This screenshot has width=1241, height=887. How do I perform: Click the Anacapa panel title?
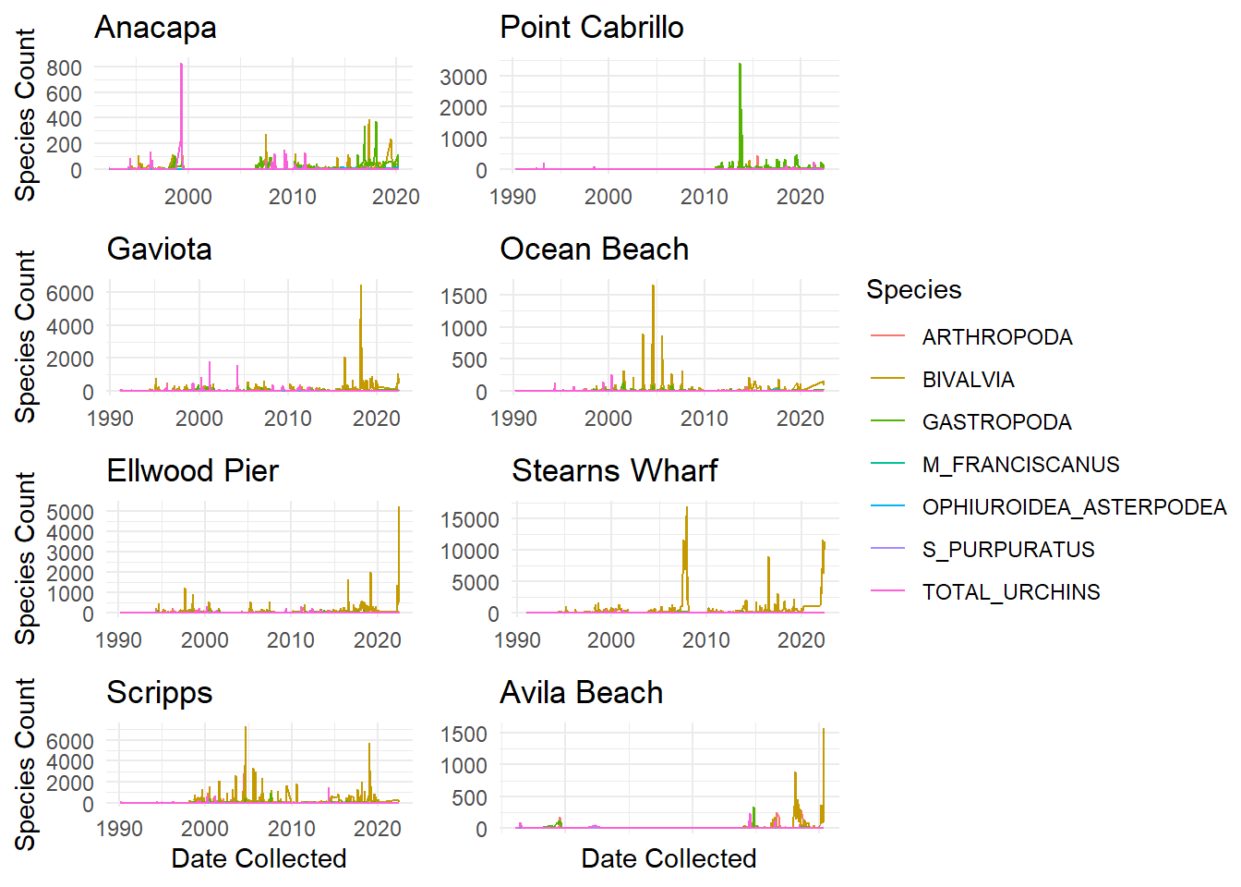(155, 28)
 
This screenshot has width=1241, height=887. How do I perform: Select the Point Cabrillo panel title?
(591, 28)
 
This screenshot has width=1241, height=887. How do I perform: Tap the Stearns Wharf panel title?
(614, 471)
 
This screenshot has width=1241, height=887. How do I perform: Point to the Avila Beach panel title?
(581, 693)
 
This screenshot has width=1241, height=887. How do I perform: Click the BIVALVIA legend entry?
(968, 380)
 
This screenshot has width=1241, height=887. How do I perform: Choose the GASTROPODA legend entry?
(996, 422)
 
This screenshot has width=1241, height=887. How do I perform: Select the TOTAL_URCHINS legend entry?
(1010, 592)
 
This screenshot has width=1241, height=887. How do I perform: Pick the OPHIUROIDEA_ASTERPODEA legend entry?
(1073, 507)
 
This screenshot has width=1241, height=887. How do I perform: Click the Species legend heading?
(913, 290)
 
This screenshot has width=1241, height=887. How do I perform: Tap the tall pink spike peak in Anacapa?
(181, 65)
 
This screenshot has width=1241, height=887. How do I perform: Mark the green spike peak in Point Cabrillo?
(740, 65)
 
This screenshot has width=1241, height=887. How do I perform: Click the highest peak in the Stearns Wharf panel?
(687, 507)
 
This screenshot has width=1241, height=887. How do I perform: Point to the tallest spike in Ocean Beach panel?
(653, 286)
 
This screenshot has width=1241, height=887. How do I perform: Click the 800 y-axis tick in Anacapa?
(64, 67)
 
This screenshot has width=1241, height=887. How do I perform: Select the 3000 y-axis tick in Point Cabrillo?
(464, 77)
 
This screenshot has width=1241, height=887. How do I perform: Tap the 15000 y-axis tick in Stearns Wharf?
(470, 519)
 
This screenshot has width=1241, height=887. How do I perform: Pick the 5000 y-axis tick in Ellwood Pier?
(70, 513)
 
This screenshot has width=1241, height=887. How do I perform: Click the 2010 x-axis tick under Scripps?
(291, 829)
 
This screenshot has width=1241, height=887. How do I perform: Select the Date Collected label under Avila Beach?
(669, 858)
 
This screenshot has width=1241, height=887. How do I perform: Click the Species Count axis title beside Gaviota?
(25, 336)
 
